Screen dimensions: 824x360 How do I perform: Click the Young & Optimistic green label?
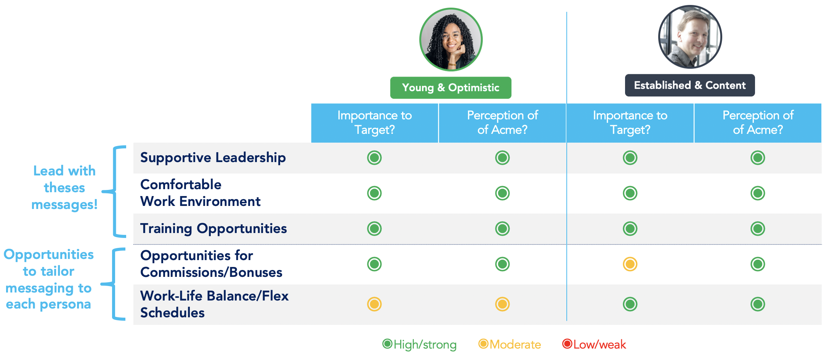450,88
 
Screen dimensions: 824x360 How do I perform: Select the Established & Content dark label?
690,85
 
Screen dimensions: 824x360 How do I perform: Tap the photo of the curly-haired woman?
451,40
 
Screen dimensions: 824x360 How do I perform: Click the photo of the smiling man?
690,37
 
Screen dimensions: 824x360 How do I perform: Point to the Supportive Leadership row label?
213,157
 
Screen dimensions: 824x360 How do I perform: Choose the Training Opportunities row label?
213,228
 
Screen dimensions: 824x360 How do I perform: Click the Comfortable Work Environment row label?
200,193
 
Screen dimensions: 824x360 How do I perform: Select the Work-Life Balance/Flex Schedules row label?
215,304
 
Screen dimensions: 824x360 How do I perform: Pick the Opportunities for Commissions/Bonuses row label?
211,264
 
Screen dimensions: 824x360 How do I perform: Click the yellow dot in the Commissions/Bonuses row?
630,264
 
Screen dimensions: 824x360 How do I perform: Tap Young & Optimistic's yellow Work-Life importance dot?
374,304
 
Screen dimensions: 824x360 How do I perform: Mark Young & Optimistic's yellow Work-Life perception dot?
502,304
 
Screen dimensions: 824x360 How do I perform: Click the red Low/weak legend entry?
594,344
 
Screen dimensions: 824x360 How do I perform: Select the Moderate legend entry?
510,344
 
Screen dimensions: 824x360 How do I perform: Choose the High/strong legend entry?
419,344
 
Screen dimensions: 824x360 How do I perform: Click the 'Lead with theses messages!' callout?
64,188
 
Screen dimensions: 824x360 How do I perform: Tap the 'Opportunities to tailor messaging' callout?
48,279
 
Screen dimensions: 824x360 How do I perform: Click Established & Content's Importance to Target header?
630,123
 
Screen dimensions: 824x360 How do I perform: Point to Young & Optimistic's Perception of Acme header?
502,123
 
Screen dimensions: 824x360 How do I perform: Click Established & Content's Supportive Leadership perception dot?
758,157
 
